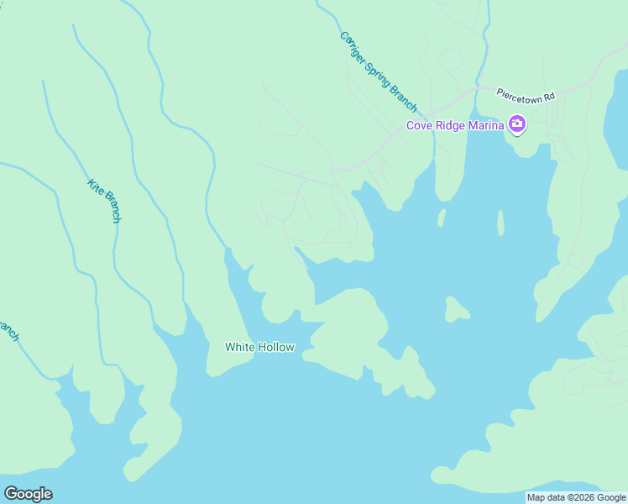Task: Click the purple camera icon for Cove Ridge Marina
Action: pyautogui.click(x=517, y=125)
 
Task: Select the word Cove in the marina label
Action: pyautogui.click(x=419, y=126)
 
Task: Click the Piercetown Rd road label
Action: pyautogui.click(x=526, y=95)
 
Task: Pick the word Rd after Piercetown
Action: pyautogui.click(x=549, y=97)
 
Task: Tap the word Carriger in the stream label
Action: pyautogui.click(x=353, y=47)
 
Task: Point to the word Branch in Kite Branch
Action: pyautogui.click(x=110, y=207)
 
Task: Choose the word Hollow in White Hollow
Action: pyautogui.click(x=276, y=347)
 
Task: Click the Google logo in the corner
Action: pyautogui.click(x=28, y=494)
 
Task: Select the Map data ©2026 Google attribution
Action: pyautogui.click(x=577, y=497)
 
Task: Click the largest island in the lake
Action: pyautogui.click(x=457, y=310)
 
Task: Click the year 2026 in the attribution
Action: pyautogui.click(x=585, y=497)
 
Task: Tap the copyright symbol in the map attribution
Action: pyautogui.click(x=570, y=497)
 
